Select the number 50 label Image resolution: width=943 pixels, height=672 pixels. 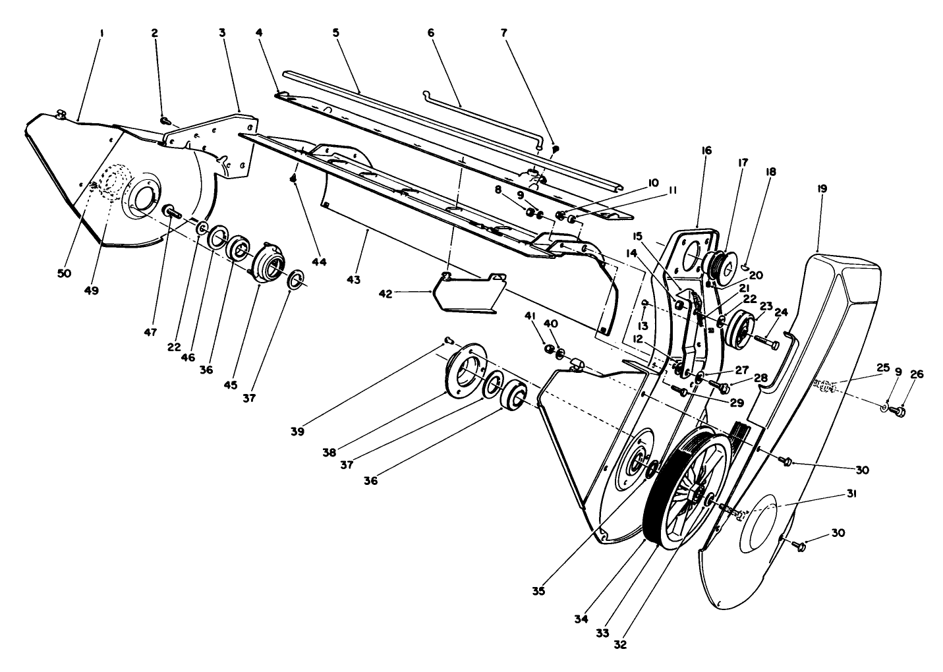(x=63, y=273)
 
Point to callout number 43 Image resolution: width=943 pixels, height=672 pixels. (x=354, y=279)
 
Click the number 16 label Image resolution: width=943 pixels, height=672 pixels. (x=706, y=151)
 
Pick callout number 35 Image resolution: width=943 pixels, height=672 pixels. (x=538, y=591)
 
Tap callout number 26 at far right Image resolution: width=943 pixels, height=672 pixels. (x=917, y=375)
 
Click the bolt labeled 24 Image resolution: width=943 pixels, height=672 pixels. (x=768, y=342)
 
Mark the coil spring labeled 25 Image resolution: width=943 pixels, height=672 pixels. (x=825, y=385)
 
